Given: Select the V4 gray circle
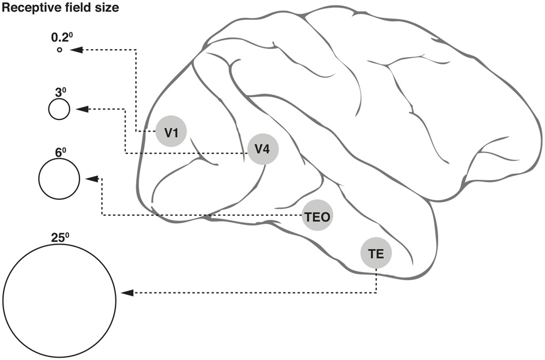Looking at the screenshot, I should (263, 149).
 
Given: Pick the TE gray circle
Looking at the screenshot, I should (376, 252).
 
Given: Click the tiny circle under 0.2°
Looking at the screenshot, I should (59, 50).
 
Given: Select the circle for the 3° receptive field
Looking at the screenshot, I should (59, 108).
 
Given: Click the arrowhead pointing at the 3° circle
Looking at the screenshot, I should (81, 109).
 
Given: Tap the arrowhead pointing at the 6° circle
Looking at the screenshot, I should (91, 179).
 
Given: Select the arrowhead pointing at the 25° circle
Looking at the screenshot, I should (127, 292).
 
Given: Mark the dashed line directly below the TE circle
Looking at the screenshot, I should (376, 280).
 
